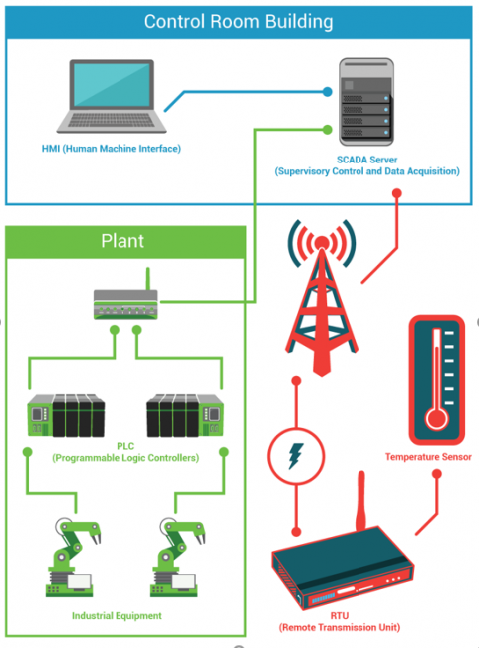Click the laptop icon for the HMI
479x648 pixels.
tap(112, 96)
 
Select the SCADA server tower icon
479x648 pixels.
tap(366, 102)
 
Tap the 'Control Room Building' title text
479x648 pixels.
tap(238, 22)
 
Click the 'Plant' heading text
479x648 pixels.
tap(122, 241)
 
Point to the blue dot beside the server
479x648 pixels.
tap(327, 92)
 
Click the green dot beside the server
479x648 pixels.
tap(327, 130)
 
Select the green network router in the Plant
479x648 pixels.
tap(125, 300)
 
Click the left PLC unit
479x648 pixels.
tap(66, 415)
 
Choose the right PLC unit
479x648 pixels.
tap(185, 415)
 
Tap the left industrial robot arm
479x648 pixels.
tap(73, 556)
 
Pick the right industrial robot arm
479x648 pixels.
tap(177, 556)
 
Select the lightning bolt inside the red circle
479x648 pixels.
tap(295, 456)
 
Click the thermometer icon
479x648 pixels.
tap(437, 380)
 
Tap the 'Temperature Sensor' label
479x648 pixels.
tap(428, 457)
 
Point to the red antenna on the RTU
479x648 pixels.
tap(360, 500)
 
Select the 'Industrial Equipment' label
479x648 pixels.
tap(117, 616)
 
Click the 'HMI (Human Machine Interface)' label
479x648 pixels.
tap(112, 149)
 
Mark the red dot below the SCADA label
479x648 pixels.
tap(396, 193)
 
